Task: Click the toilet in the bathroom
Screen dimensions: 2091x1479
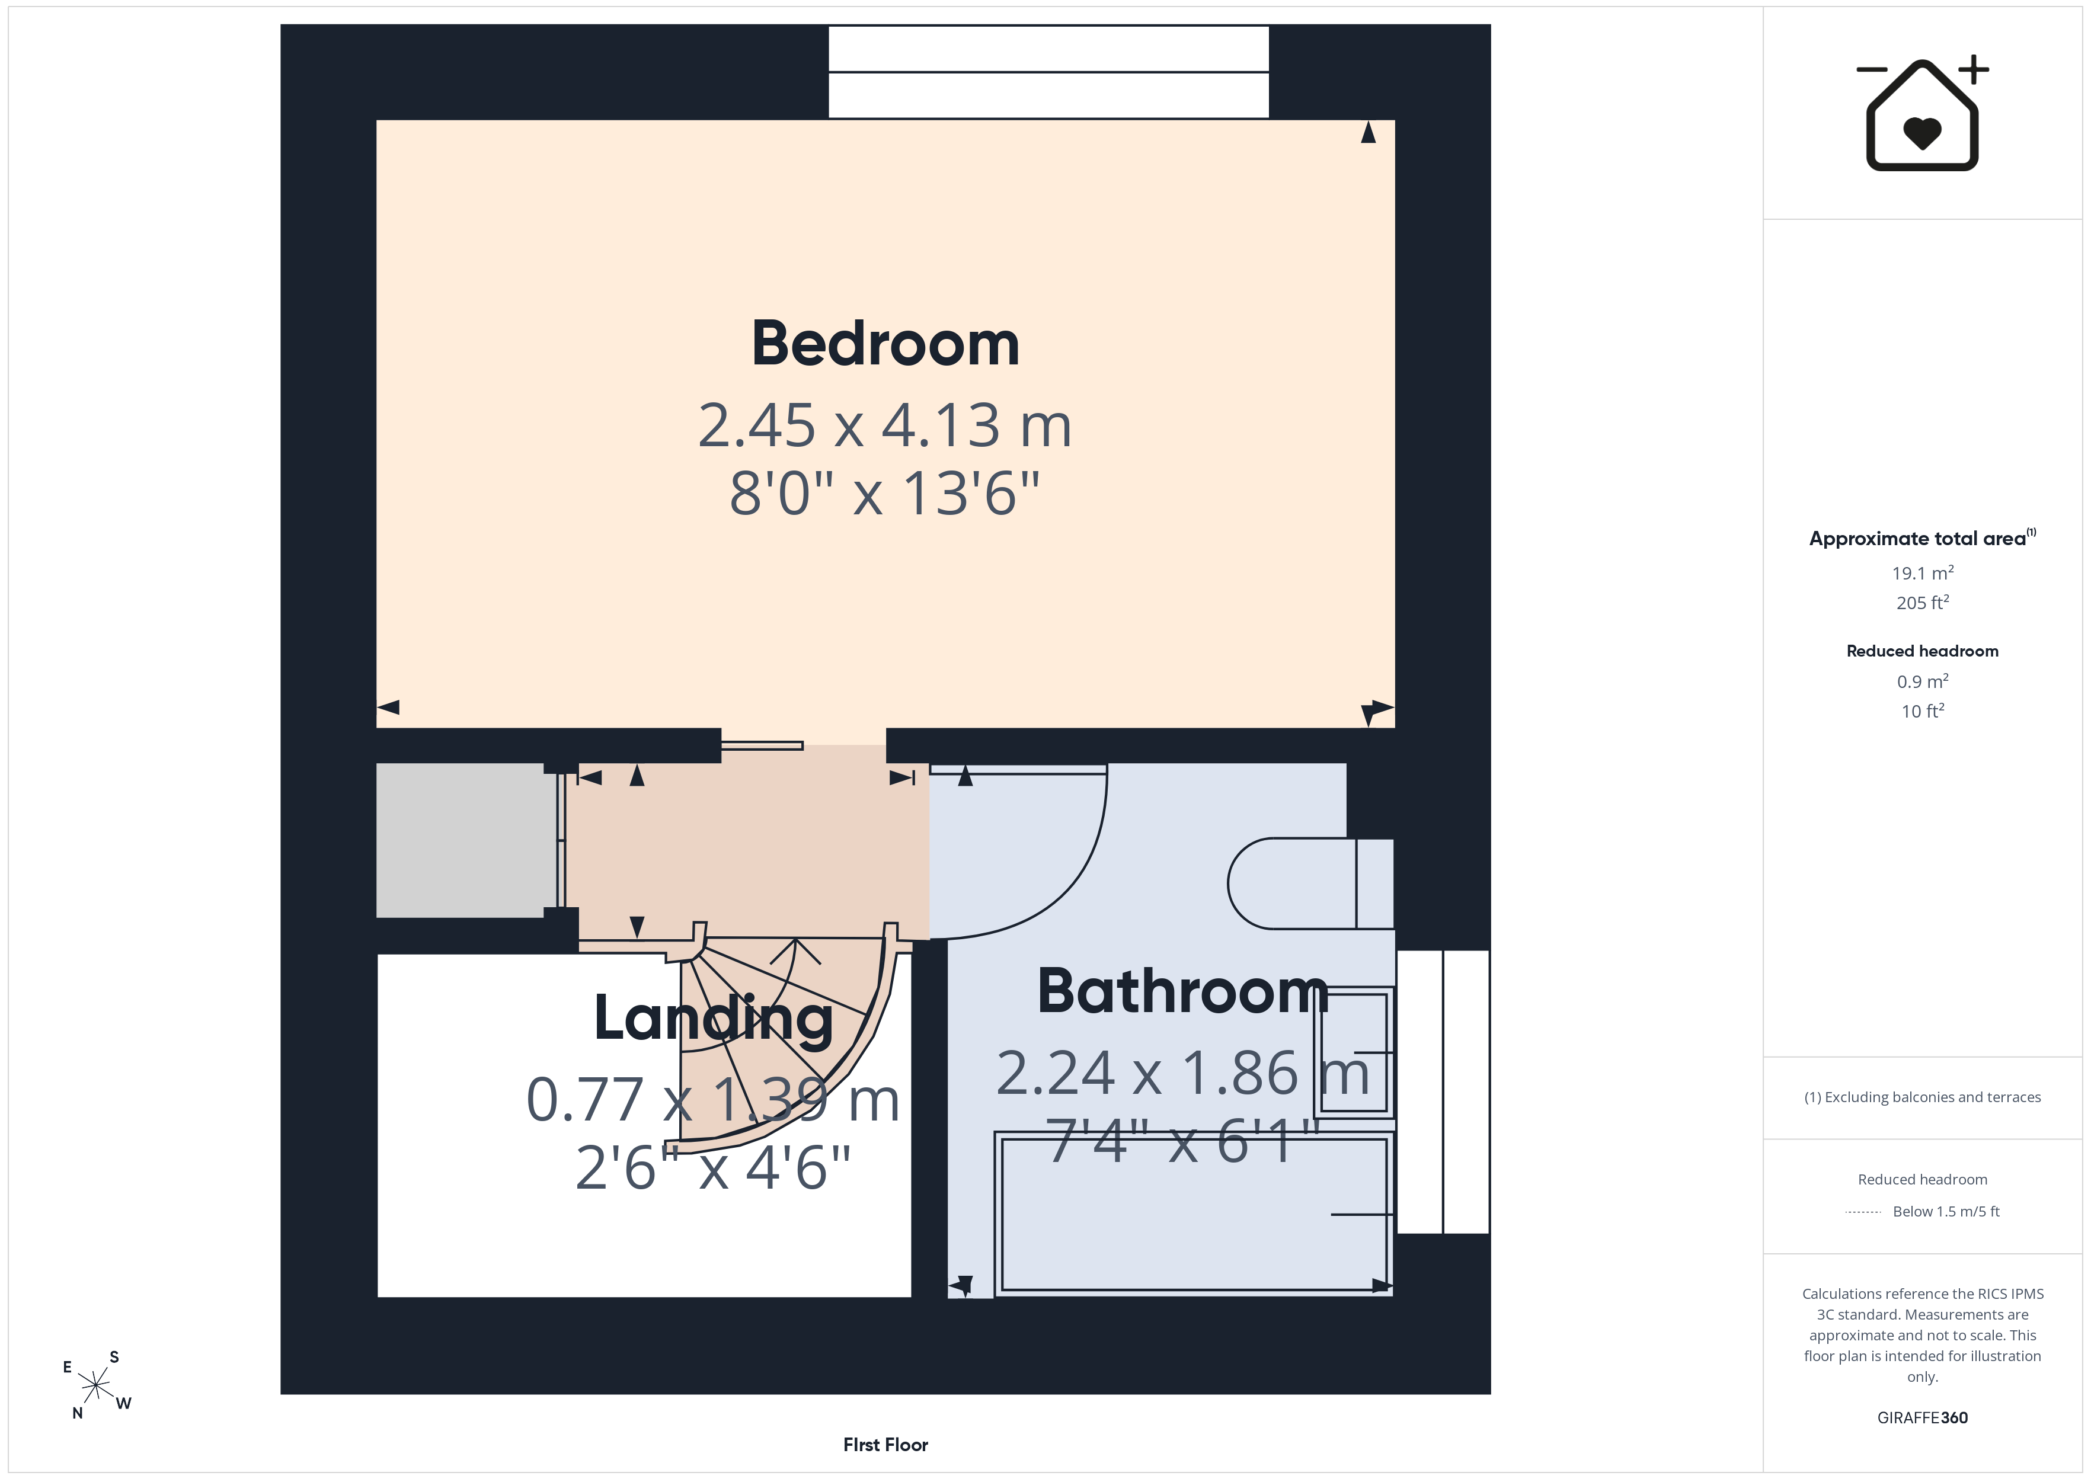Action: [x=1310, y=883]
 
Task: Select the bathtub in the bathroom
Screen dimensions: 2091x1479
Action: [x=1194, y=1214]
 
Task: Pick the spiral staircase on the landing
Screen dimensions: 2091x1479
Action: [x=783, y=1038]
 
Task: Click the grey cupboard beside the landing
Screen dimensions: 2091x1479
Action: [x=466, y=840]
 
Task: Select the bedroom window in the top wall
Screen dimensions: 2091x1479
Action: [x=1048, y=72]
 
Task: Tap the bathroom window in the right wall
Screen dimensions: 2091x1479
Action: [x=1443, y=1092]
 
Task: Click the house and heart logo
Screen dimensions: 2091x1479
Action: [x=1923, y=114]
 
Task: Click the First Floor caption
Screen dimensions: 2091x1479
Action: [x=885, y=1445]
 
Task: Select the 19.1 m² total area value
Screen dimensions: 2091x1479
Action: [x=1923, y=573]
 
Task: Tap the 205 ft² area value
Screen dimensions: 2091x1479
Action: [x=1923, y=603]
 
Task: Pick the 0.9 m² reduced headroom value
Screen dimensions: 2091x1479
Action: [x=1923, y=681]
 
